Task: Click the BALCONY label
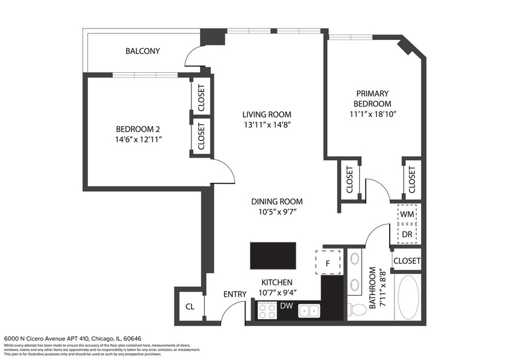point(142,51)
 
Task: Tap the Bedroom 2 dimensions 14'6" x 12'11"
point(138,139)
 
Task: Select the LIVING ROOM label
point(267,114)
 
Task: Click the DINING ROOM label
point(277,202)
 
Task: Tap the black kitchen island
point(273,255)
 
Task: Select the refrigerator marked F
point(328,263)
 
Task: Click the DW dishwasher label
point(287,306)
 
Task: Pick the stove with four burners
point(267,311)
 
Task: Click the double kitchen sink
point(311,311)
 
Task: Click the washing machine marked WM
point(406,215)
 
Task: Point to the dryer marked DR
point(406,233)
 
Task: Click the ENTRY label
point(235,295)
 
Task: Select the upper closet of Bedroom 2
point(201,95)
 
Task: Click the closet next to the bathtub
point(407,261)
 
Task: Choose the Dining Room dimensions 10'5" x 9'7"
point(277,212)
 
